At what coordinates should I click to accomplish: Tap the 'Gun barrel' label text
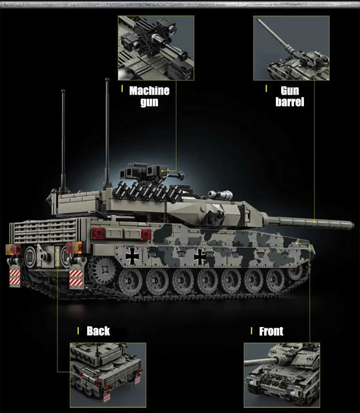pyautogui.click(x=290, y=97)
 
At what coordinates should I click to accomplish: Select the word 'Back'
pyautogui.click(x=98, y=331)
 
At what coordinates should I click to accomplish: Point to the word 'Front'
pyautogui.click(x=271, y=331)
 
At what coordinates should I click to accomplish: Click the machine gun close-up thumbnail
pyautogui.click(x=156, y=48)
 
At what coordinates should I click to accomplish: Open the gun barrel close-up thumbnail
pyautogui.click(x=291, y=48)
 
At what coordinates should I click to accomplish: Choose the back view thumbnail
pyautogui.click(x=108, y=375)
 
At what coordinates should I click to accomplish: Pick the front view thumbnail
pyautogui.click(x=282, y=375)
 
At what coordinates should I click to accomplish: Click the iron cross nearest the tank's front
pyautogui.click(x=200, y=257)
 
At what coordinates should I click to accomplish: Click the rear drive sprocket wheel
pyautogui.click(x=104, y=270)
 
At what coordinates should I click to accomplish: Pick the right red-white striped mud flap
pyautogui.click(x=76, y=278)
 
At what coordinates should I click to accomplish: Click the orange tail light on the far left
pyautogui.click(x=13, y=249)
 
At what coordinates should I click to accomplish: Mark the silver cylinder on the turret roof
pyautogui.click(x=221, y=195)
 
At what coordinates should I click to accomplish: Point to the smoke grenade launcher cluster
pyautogui.click(x=148, y=191)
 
